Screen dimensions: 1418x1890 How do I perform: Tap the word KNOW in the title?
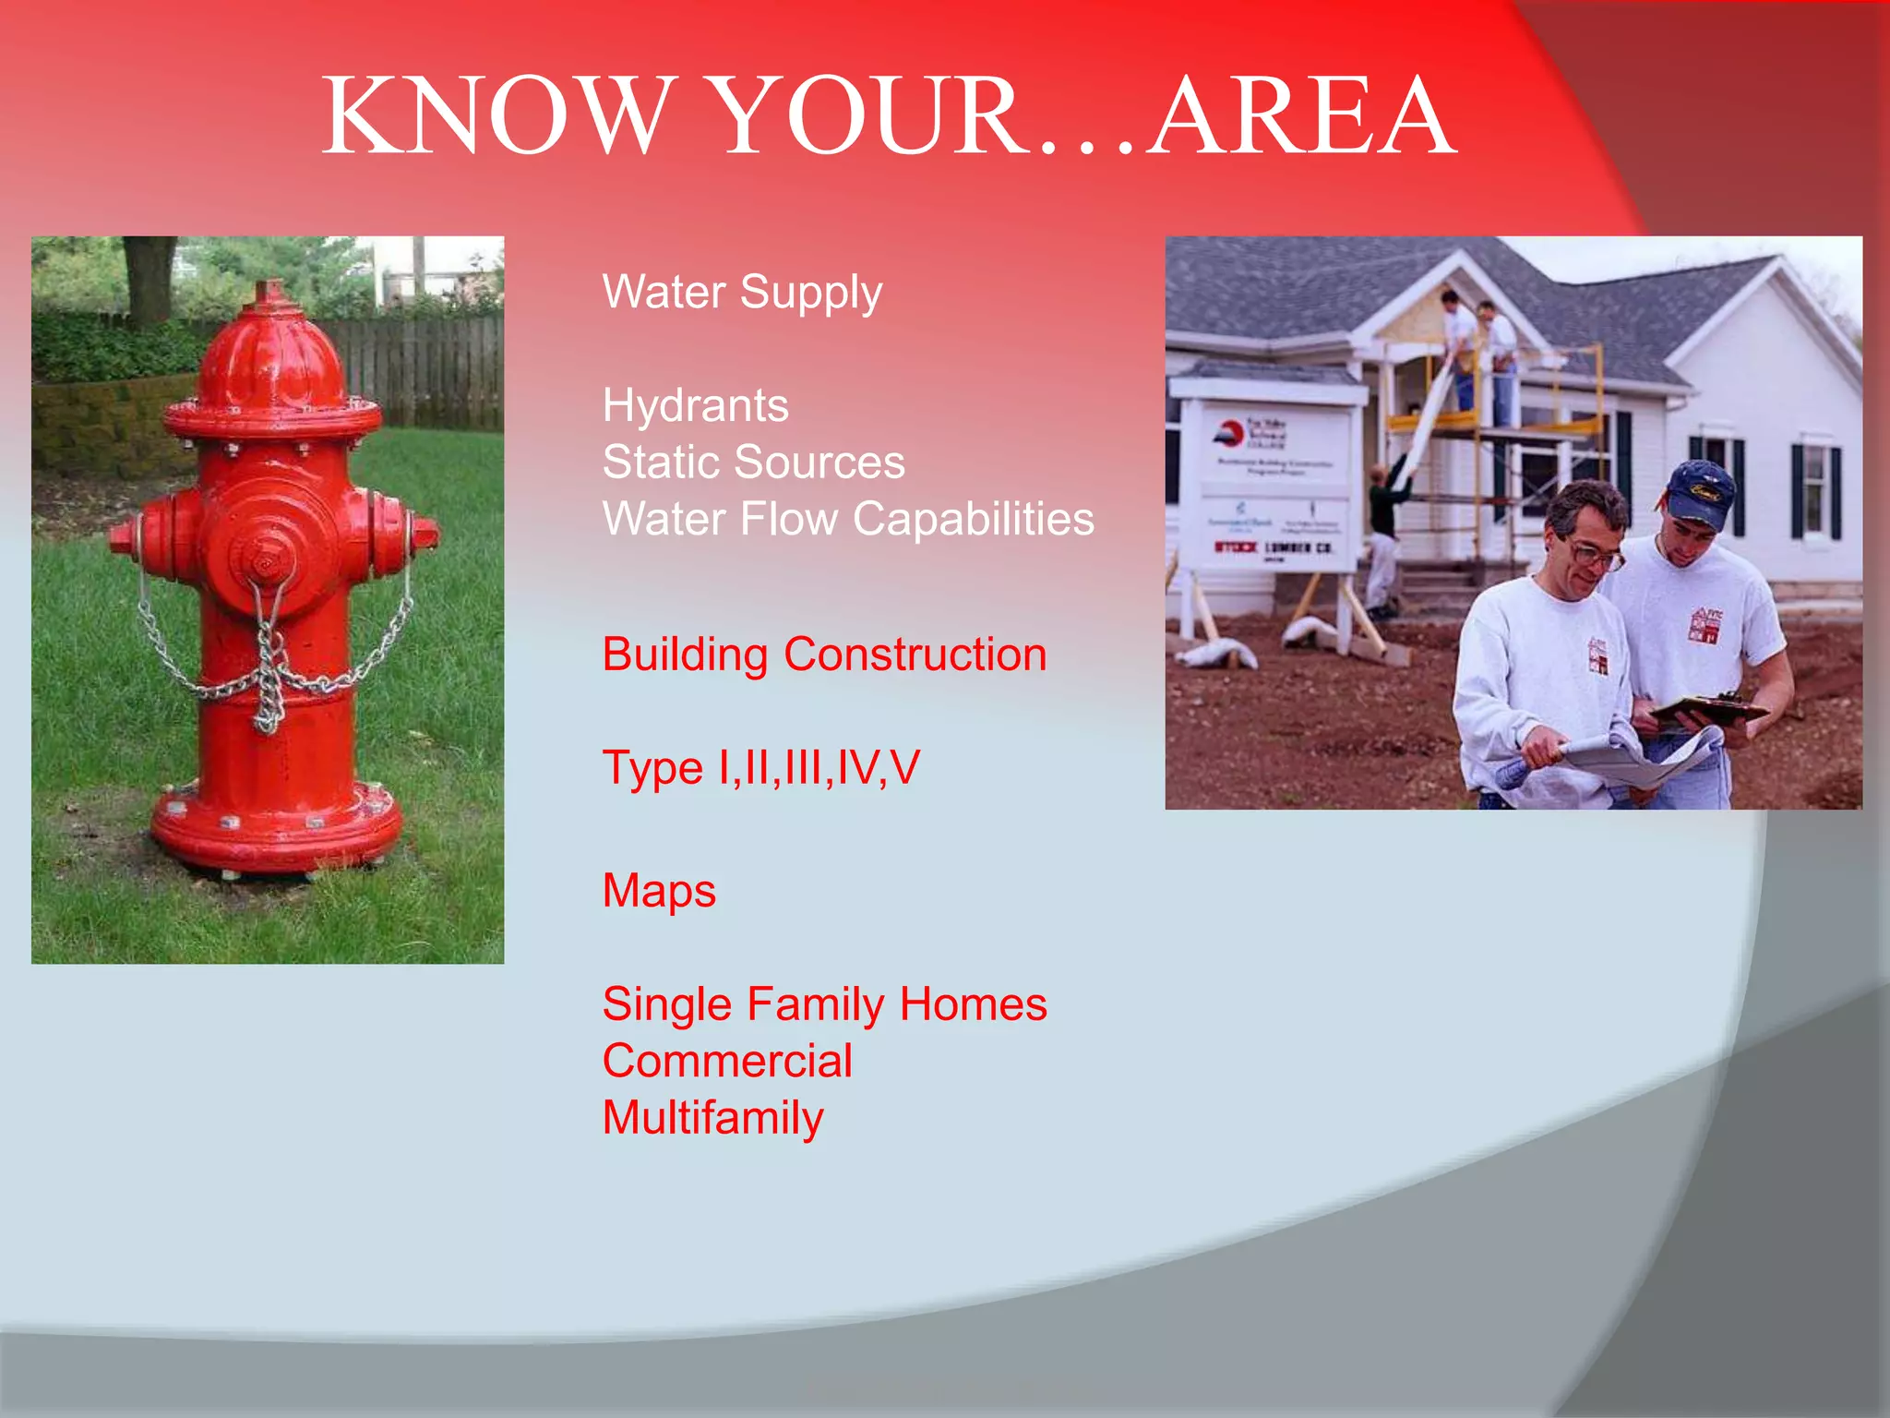493,116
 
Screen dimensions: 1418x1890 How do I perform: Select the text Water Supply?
742,292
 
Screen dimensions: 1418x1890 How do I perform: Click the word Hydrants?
696,405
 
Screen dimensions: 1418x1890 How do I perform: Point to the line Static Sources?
753,462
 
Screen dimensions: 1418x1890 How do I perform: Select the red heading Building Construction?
824,655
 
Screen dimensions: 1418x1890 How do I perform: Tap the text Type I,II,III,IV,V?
760,767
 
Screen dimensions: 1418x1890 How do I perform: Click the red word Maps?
659,891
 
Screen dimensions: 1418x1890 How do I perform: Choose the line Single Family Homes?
824,1004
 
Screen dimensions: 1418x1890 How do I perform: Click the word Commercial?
727,1061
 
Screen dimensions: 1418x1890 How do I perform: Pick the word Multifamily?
712,1118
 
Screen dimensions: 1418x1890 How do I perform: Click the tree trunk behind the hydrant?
150,277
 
